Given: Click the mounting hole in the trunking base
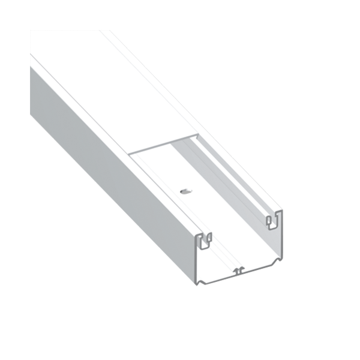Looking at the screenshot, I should pos(184,192).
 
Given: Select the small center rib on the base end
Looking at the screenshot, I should pos(239,271).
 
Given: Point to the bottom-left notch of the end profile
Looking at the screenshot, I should pos(205,280).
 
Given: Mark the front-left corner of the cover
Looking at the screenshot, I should pos(131,154).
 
